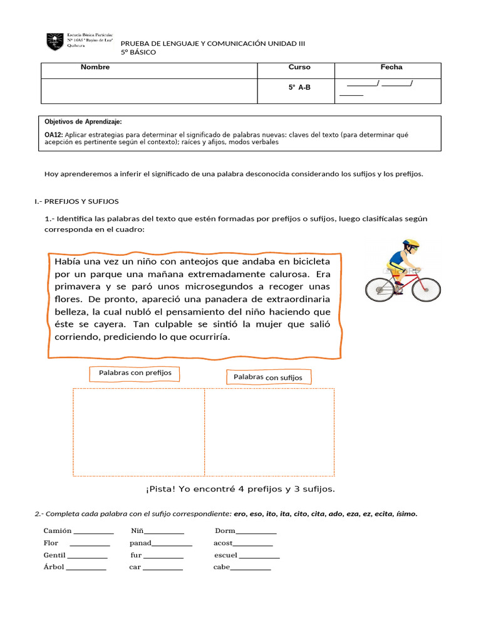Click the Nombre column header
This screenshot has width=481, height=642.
(95, 67)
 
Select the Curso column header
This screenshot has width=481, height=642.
(299, 67)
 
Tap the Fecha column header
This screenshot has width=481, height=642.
(391, 67)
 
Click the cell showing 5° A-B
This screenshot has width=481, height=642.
(299, 88)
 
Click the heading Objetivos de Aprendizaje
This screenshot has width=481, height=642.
(83, 122)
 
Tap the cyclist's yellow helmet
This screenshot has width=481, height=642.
(411, 243)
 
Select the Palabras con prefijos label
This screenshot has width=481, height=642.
(135, 373)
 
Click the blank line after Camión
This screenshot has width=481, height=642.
(94, 532)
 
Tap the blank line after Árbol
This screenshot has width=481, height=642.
(86, 568)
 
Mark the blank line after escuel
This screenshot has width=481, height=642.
(259, 556)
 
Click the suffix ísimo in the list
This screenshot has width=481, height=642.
(406, 514)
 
